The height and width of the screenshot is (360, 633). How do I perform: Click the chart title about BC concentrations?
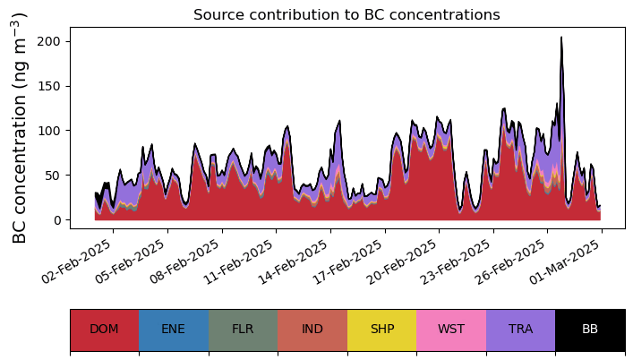coord(346,14)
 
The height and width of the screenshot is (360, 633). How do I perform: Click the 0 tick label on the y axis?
coord(57,220)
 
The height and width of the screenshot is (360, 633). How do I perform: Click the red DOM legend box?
coord(104,330)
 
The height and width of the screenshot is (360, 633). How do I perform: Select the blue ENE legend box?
coord(174,330)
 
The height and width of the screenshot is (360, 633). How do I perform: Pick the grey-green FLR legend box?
coord(243,330)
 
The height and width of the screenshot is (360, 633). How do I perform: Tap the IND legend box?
coord(312,330)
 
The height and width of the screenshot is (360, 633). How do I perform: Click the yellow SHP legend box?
coord(381,330)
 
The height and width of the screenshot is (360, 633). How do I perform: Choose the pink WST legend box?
coord(451,330)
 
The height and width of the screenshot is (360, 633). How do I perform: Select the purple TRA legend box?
coord(520,330)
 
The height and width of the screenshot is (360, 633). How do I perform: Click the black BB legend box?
coord(590,330)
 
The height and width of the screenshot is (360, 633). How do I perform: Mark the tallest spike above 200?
coord(561,39)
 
